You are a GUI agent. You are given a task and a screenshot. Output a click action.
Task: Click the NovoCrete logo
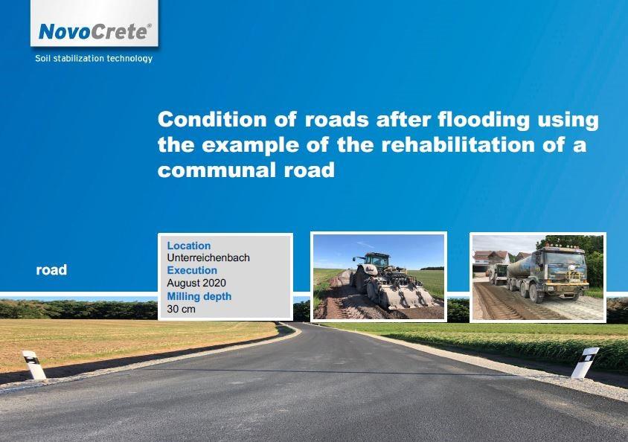(x=95, y=32)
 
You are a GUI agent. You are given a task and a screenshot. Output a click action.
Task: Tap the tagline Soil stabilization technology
(x=94, y=59)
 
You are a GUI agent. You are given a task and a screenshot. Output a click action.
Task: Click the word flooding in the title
(x=484, y=120)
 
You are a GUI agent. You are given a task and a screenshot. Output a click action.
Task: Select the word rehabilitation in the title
(x=458, y=144)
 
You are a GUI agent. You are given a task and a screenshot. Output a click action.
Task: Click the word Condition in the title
(x=212, y=119)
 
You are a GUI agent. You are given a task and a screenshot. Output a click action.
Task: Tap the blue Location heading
(x=189, y=246)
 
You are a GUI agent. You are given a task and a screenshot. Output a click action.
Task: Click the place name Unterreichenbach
(x=208, y=257)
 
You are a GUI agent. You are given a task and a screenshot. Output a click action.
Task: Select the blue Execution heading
(x=192, y=270)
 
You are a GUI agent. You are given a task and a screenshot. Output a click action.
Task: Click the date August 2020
(x=196, y=283)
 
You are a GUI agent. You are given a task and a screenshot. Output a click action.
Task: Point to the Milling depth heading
(x=199, y=296)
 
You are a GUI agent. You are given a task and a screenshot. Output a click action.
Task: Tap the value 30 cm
(x=181, y=309)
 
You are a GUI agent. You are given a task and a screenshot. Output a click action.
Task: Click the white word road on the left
(x=51, y=270)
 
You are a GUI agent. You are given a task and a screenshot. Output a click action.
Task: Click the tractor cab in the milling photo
(x=376, y=260)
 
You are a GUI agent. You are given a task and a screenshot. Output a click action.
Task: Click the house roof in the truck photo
(x=491, y=254)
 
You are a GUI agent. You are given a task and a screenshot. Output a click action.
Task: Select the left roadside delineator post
(x=35, y=365)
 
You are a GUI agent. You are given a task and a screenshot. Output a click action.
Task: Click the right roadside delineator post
(x=585, y=362)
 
